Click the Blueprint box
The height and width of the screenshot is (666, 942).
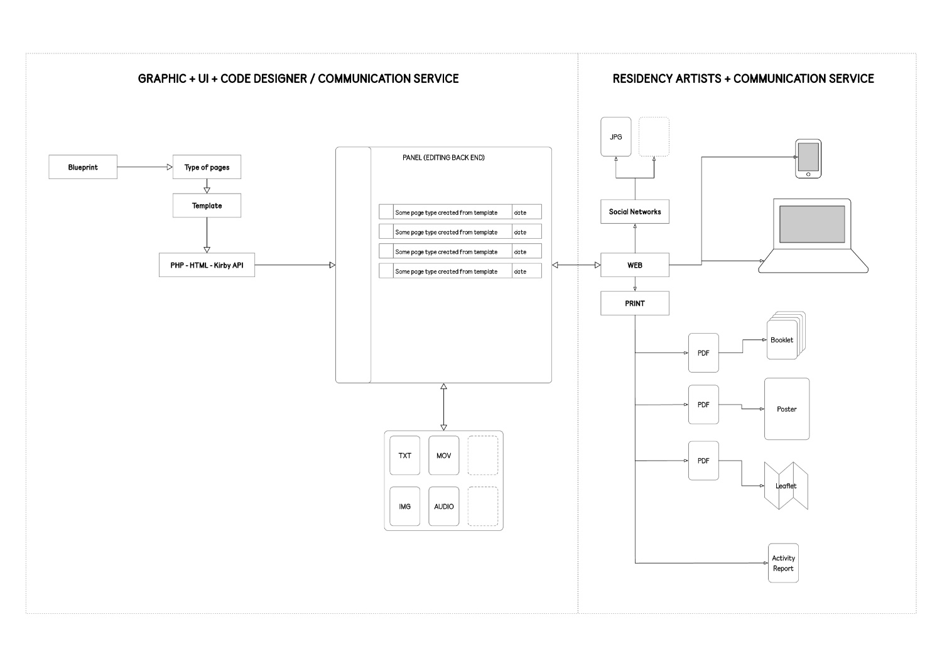(83, 167)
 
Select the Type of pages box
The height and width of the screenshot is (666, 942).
(207, 167)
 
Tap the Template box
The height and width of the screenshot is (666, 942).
(207, 205)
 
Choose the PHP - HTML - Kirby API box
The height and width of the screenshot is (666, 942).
(207, 265)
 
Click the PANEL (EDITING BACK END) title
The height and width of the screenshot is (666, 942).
(443, 158)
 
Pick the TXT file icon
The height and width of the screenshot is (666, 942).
(404, 456)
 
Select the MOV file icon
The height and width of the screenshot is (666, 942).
(443, 456)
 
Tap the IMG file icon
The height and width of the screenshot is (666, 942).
(404, 506)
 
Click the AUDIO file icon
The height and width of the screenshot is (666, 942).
(443, 506)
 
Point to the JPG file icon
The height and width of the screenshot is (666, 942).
(615, 136)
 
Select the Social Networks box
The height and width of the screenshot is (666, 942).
(634, 212)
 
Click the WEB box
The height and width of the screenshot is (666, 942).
(634, 265)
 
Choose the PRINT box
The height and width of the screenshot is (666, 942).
(634, 303)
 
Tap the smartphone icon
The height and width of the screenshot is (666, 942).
(808, 158)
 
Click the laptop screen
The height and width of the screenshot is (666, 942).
(812, 224)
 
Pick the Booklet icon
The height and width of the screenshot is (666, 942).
(783, 339)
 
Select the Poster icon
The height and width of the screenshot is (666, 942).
(786, 409)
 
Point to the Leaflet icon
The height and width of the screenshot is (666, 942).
(786, 486)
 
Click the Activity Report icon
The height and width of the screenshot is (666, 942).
(783, 563)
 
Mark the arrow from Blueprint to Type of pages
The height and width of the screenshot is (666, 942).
(144, 167)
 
